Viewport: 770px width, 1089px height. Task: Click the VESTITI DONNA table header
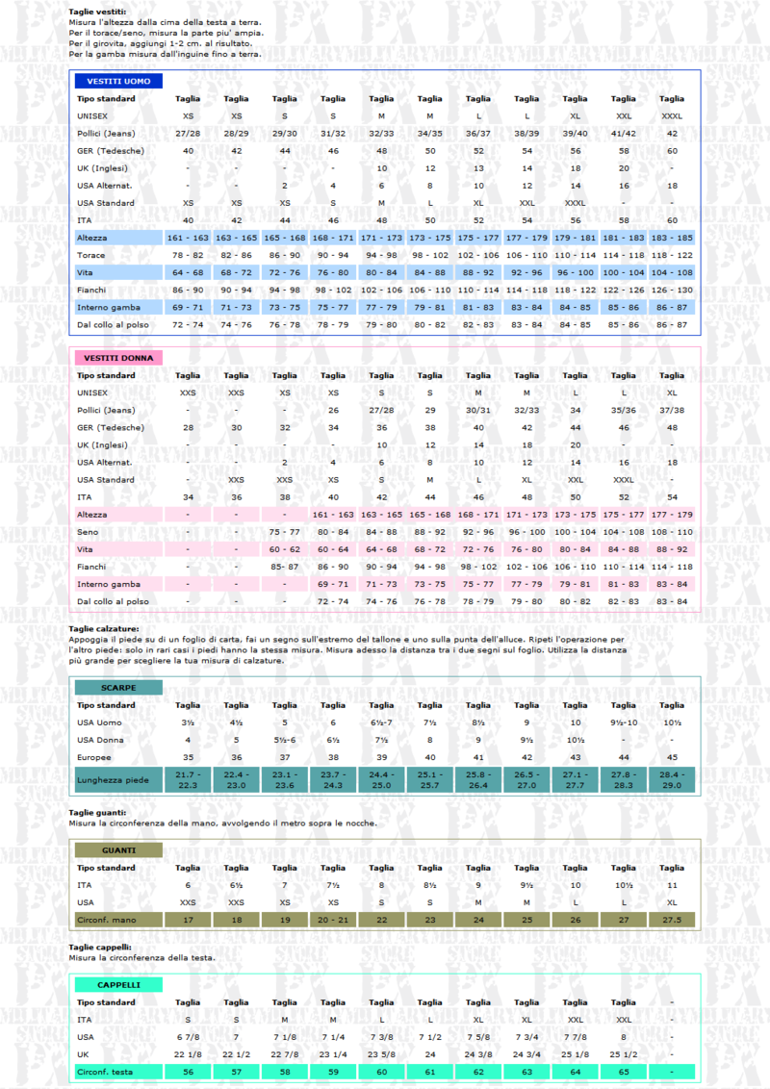(117, 358)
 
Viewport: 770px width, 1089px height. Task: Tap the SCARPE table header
(117, 688)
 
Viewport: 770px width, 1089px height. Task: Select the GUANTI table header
(117, 850)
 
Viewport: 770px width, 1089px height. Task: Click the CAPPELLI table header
(117, 985)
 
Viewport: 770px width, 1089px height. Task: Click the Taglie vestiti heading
(96, 12)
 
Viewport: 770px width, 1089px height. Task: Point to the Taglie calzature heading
(104, 628)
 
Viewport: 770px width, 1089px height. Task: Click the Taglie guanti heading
(97, 813)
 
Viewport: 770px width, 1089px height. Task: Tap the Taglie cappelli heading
(100, 948)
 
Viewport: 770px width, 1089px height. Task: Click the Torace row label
(91, 255)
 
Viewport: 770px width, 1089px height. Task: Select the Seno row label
(89, 532)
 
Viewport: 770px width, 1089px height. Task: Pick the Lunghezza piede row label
(114, 779)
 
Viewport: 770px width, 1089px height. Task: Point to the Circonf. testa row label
(105, 1071)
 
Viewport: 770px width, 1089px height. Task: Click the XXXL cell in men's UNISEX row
(672, 115)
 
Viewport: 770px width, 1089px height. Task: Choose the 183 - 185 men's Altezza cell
(672, 238)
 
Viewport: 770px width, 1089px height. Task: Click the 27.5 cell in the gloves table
(672, 920)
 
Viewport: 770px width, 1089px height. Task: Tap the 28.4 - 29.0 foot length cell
(672, 779)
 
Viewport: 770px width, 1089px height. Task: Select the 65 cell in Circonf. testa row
(624, 1071)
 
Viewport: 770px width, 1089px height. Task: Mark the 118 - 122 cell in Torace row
(672, 255)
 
